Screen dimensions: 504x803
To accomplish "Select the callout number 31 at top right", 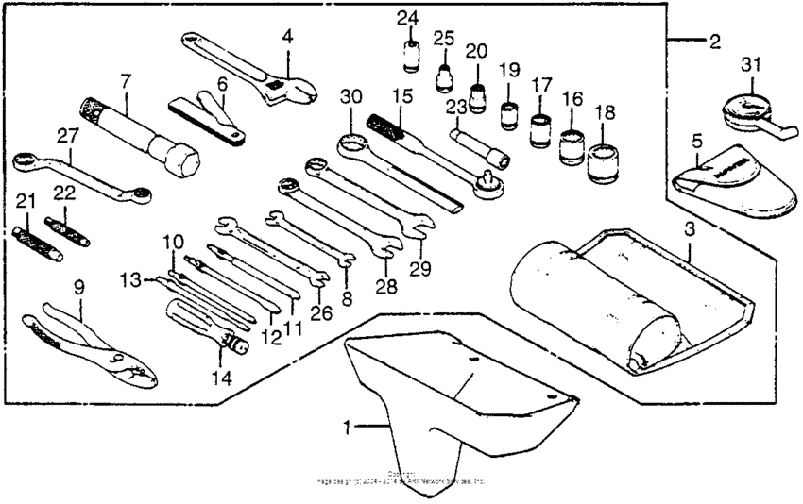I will [x=751, y=64].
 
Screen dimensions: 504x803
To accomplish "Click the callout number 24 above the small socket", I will [x=407, y=18].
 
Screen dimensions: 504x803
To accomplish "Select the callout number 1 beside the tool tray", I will [x=349, y=428].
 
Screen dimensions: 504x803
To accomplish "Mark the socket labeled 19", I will [x=511, y=112].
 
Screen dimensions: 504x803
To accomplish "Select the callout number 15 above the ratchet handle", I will [x=402, y=96].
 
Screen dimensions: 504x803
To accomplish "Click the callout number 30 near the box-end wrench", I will [x=350, y=96].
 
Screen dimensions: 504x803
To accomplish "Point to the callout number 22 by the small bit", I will [x=63, y=193].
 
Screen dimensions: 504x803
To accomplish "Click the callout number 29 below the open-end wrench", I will [x=420, y=268].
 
